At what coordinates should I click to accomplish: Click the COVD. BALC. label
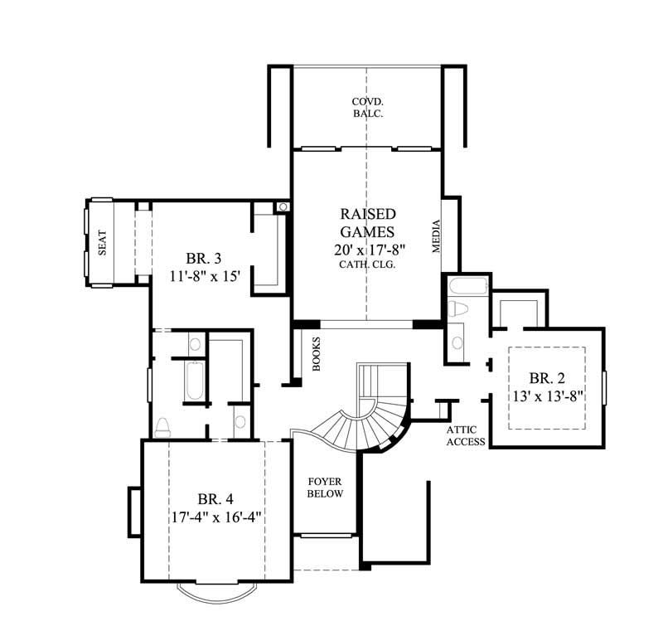click(x=366, y=108)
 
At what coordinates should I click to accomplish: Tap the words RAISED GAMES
click(x=365, y=222)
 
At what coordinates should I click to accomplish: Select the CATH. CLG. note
click(x=365, y=265)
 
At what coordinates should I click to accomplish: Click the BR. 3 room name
click(x=203, y=258)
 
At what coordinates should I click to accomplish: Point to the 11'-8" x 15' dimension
click(x=203, y=276)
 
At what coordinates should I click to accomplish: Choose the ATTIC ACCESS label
click(x=465, y=436)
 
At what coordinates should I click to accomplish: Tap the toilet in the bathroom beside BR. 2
click(x=457, y=309)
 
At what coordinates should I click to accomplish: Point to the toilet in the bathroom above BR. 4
click(x=162, y=427)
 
